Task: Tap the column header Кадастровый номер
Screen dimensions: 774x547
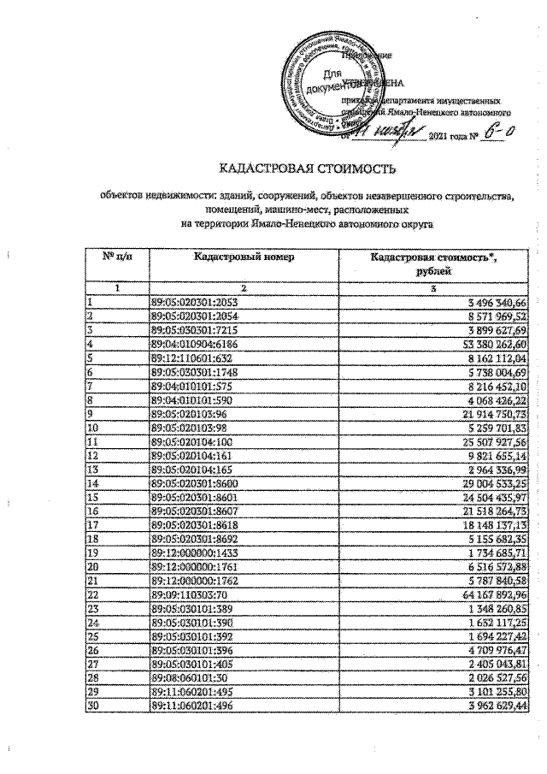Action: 243,257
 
